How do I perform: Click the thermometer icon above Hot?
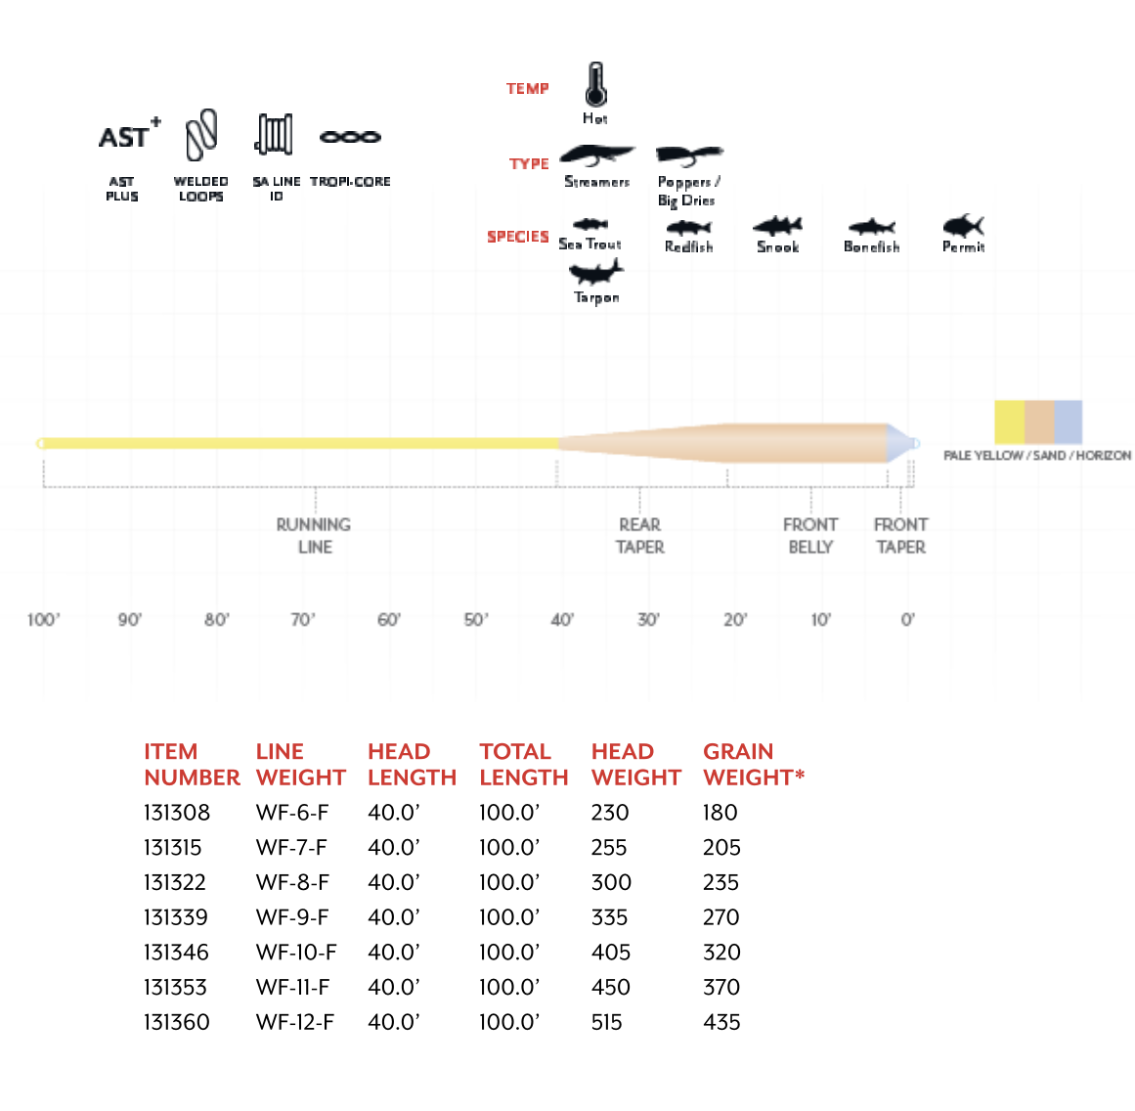(595, 85)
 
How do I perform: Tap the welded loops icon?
(201, 135)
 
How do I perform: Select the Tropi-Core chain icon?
(350, 137)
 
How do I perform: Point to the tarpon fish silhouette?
(595, 271)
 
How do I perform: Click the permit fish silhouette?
(963, 226)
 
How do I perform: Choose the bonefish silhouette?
(871, 228)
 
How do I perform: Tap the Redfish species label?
(689, 247)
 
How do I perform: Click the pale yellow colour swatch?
(1009, 422)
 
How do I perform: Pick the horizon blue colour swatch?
(1068, 422)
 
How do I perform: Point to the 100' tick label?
(43, 620)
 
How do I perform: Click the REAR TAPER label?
(640, 536)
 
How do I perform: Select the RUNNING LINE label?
(314, 536)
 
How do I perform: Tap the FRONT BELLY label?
(810, 536)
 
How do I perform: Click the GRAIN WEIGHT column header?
(753, 765)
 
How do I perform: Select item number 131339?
(175, 917)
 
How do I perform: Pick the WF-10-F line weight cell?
(296, 953)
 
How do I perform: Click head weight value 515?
(607, 1023)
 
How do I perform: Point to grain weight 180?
(720, 813)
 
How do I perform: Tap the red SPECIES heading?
(518, 237)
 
